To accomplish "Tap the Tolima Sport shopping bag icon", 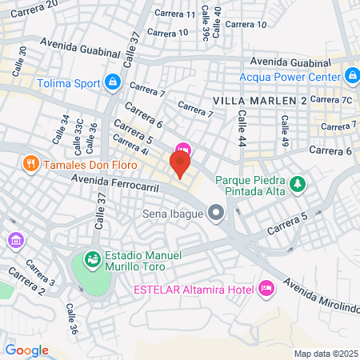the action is tap(113, 82).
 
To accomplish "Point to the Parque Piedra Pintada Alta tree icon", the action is tap(298, 185).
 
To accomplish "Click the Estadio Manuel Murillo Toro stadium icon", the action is tap(92, 260).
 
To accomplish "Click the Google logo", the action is tap(26, 350).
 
